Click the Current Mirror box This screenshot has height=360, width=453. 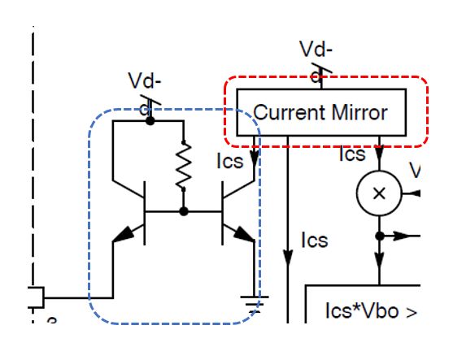tap(320, 112)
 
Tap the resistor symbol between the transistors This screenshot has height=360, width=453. tap(184, 165)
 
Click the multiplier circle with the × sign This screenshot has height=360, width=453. tap(378, 193)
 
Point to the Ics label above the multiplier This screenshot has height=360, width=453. tap(351, 154)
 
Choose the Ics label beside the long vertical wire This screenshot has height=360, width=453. tap(314, 241)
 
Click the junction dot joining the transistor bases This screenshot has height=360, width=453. tap(184, 211)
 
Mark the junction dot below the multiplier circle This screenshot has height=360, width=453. tap(378, 236)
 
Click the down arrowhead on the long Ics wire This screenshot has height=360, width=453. tap(289, 258)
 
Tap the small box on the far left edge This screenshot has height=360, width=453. tap(37, 298)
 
